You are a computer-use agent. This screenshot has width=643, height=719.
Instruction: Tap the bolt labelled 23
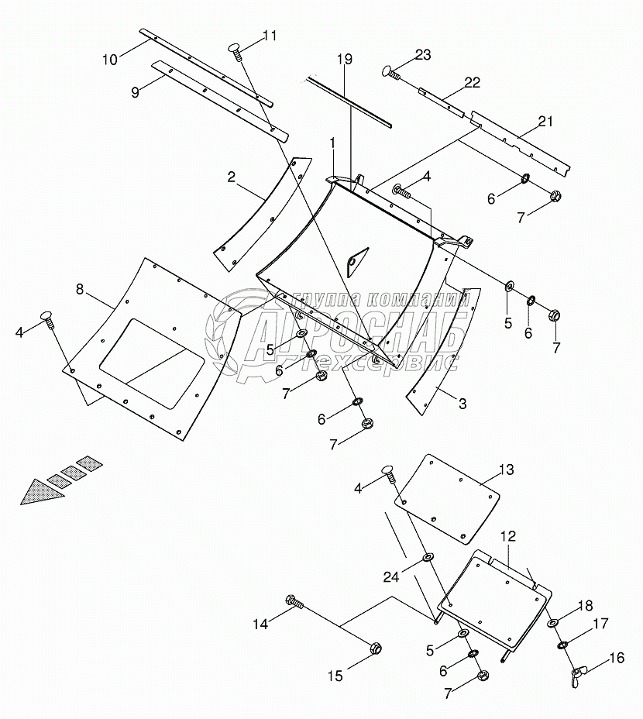[x=390, y=72]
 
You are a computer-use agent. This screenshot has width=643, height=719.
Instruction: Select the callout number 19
[x=345, y=59]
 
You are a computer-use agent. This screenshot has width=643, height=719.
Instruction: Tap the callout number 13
[x=506, y=470]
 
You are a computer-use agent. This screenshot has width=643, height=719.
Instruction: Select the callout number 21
[x=545, y=120]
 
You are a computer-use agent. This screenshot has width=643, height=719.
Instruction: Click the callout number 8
[x=80, y=289]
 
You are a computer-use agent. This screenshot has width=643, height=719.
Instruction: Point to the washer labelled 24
[x=428, y=557]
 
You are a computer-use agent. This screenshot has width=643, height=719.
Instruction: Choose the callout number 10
[x=110, y=59]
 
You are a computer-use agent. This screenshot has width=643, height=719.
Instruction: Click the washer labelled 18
[x=552, y=623]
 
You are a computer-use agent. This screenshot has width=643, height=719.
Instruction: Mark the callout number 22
[x=472, y=83]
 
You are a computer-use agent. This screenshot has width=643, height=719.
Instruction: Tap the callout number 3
[x=462, y=403]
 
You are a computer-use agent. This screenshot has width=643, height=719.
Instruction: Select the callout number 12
[x=507, y=535]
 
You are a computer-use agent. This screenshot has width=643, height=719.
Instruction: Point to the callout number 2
[x=231, y=177]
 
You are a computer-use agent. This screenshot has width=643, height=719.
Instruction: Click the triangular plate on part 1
[x=355, y=261]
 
